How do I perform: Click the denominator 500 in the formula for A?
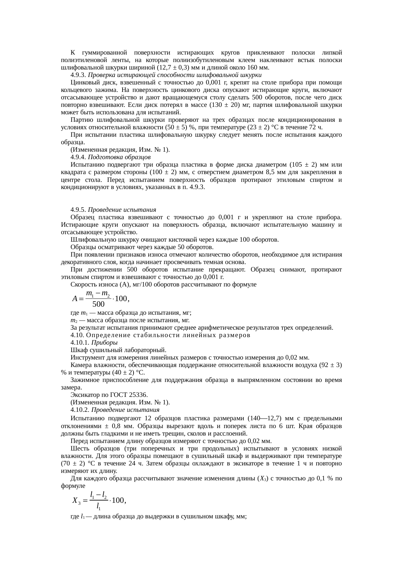(x=98, y=304)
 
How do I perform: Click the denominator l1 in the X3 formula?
(x=98, y=506)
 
